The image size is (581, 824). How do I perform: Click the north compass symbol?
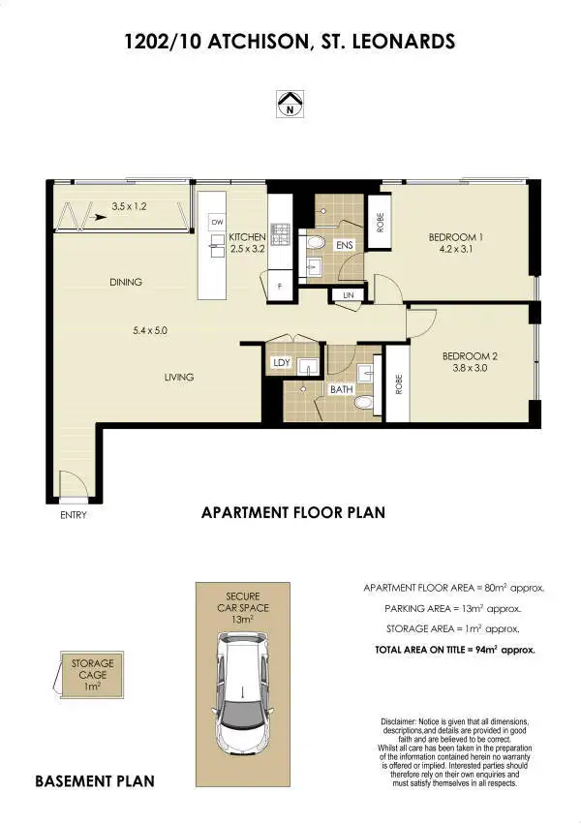coord(289,104)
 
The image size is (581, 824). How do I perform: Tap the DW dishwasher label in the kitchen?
coord(217,222)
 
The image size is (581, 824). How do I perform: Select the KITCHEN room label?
coord(247,237)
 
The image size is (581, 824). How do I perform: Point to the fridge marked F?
coord(280,287)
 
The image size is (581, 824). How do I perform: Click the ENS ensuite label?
coord(344,246)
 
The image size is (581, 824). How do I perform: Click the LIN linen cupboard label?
coord(348,295)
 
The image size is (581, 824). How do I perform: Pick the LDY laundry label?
coord(282,363)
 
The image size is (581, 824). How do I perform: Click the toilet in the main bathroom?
coord(363,402)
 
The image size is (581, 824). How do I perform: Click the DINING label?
coord(126,283)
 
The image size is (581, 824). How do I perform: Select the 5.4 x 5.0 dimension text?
coord(150,330)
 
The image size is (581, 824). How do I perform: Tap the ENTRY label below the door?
coord(73,515)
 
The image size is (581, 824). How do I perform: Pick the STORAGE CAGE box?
coord(92,674)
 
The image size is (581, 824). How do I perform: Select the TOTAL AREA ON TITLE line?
coord(455,650)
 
